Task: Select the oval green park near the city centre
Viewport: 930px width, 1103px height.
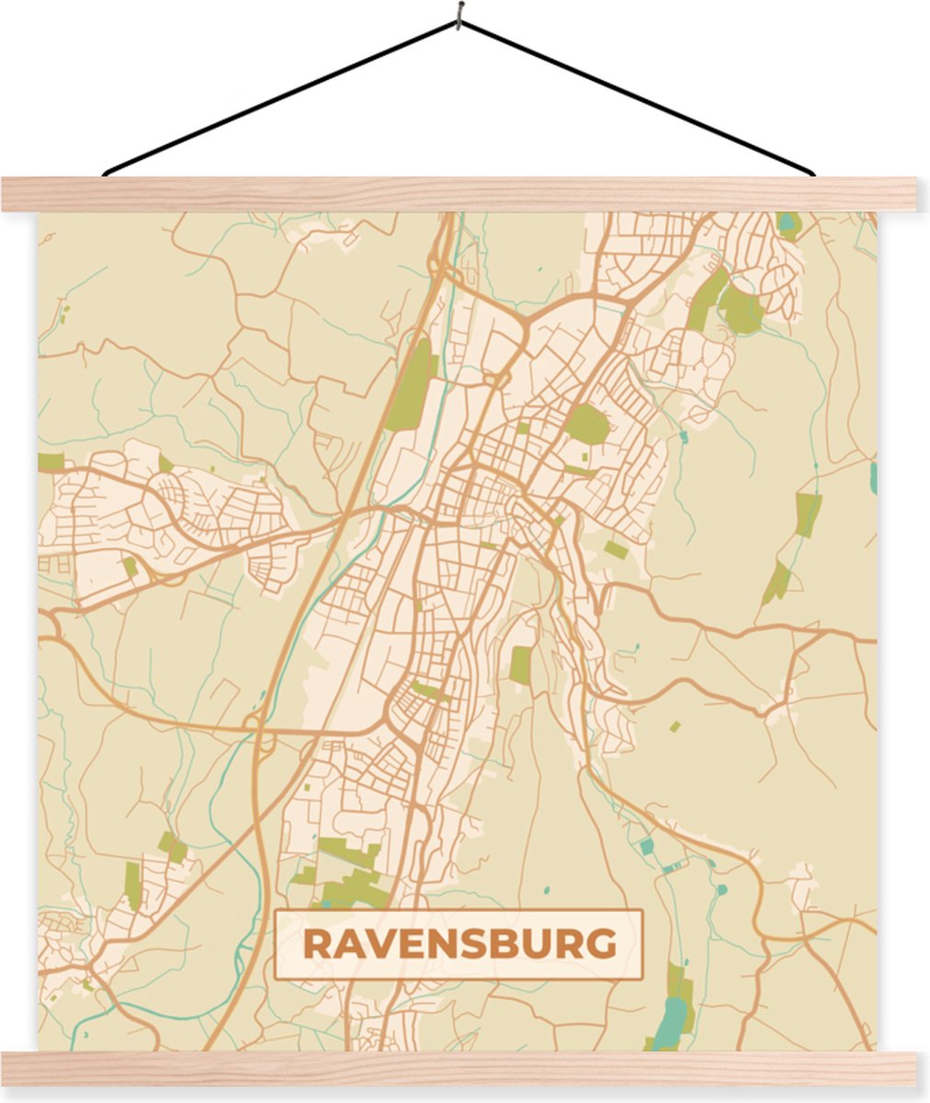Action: (586, 425)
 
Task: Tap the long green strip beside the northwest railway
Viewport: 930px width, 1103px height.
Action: (410, 385)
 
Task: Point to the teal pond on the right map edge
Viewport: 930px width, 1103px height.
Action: (872, 477)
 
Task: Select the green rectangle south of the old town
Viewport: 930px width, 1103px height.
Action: (520, 665)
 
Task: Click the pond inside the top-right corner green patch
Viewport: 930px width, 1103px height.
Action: (788, 221)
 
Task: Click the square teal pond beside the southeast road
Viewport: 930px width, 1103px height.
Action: (646, 846)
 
